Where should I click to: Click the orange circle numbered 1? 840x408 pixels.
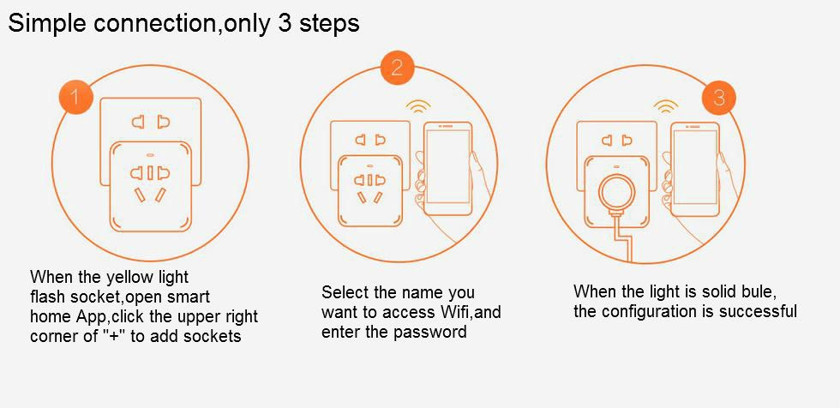tap(76, 97)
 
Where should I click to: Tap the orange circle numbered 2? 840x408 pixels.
tap(397, 68)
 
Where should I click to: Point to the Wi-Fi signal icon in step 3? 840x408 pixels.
tap(665, 106)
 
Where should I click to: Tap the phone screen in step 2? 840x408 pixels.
tap(447, 165)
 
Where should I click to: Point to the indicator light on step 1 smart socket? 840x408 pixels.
tap(149, 156)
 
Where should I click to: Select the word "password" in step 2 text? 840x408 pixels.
tap(430, 332)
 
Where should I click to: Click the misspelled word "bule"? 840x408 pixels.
tap(755, 291)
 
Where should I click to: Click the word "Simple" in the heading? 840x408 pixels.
tap(44, 23)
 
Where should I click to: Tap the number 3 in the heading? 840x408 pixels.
tap(284, 23)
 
